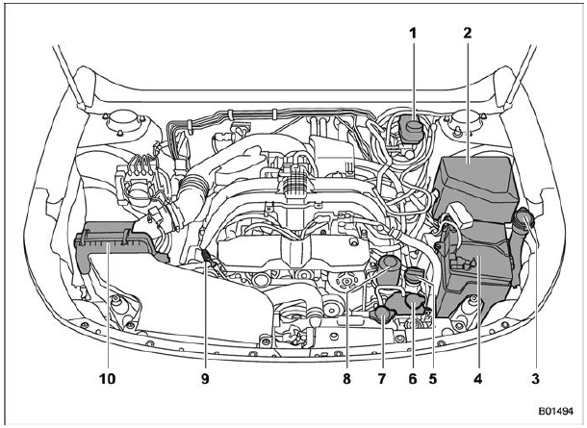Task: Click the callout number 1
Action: coord(413,34)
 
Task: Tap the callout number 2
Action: coord(468,34)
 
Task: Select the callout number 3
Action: coord(536,379)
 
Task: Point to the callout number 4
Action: coord(478,379)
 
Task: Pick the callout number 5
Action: coord(433,379)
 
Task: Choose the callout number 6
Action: coord(413,379)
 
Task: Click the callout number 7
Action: coord(381,379)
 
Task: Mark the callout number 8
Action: coord(347,379)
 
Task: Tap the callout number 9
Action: coord(205,379)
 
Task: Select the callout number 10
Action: coord(108,379)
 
